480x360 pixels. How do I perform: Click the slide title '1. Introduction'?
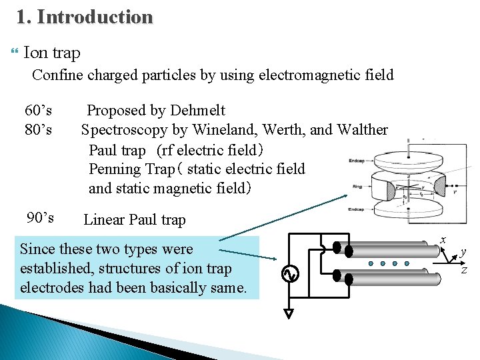pos(85,17)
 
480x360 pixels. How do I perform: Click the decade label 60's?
pos(39,111)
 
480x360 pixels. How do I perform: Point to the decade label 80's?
pos(39,129)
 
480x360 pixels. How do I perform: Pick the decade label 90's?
pos(41,218)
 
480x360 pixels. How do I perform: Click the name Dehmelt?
pos(198,111)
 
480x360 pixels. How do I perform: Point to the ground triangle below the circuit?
pos(288,313)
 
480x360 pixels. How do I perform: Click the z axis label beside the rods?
pos(463,269)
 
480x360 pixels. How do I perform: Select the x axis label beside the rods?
pos(442,239)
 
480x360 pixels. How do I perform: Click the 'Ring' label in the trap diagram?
pos(357,187)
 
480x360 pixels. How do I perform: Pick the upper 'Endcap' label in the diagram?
pos(357,159)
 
